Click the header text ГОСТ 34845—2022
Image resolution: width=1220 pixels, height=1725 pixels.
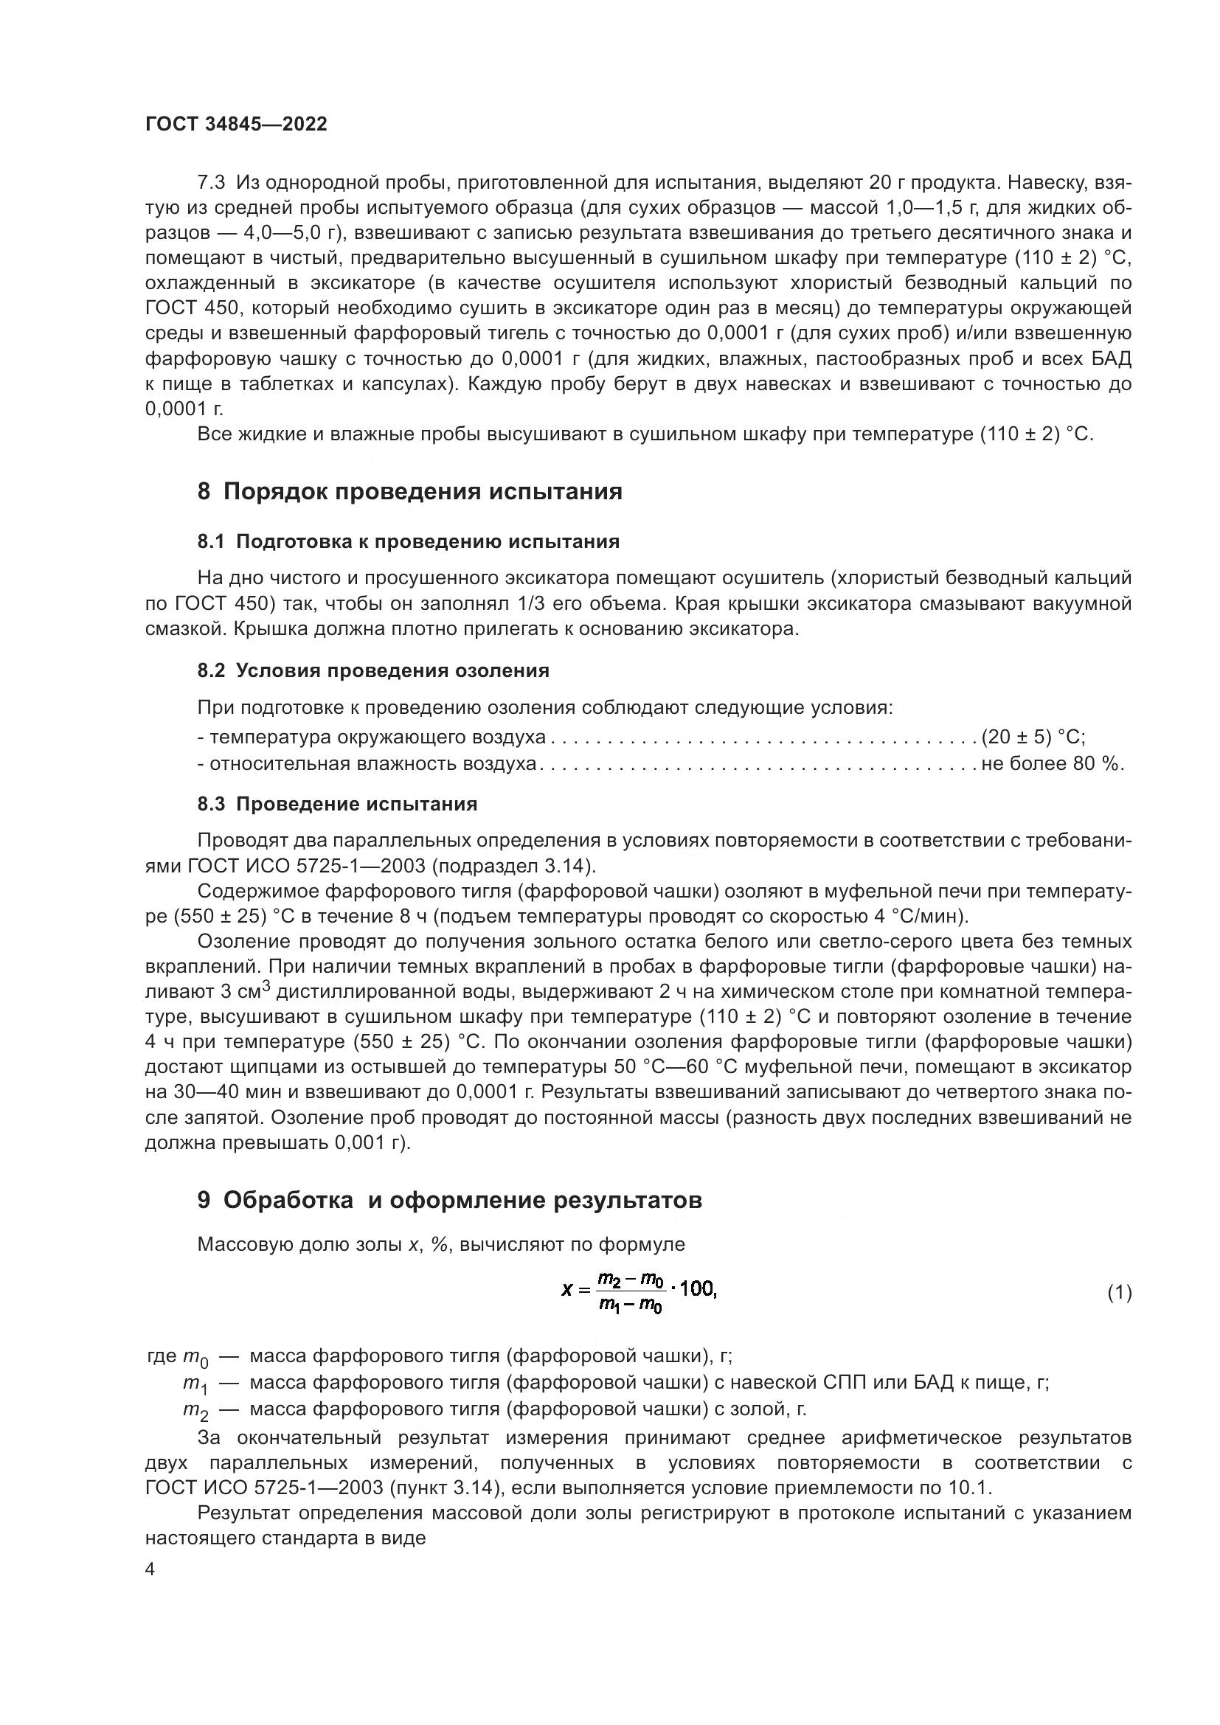pyautogui.click(x=236, y=125)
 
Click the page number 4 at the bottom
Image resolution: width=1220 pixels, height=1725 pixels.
pyautogui.click(x=150, y=1570)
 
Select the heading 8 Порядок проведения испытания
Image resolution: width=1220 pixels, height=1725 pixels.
pyautogui.click(x=409, y=492)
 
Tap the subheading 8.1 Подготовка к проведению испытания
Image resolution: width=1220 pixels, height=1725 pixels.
pyautogui.click(x=408, y=542)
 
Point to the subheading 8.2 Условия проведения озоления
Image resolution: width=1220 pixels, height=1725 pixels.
pyautogui.click(x=372, y=671)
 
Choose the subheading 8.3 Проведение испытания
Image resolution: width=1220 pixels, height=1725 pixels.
pyautogui.click(x=336, y=804)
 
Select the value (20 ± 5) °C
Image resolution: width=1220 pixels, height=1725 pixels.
pyautogui.click(x=1033, y=737)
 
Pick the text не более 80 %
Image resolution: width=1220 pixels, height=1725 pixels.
pyautogui.click(x=1052, y=764)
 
